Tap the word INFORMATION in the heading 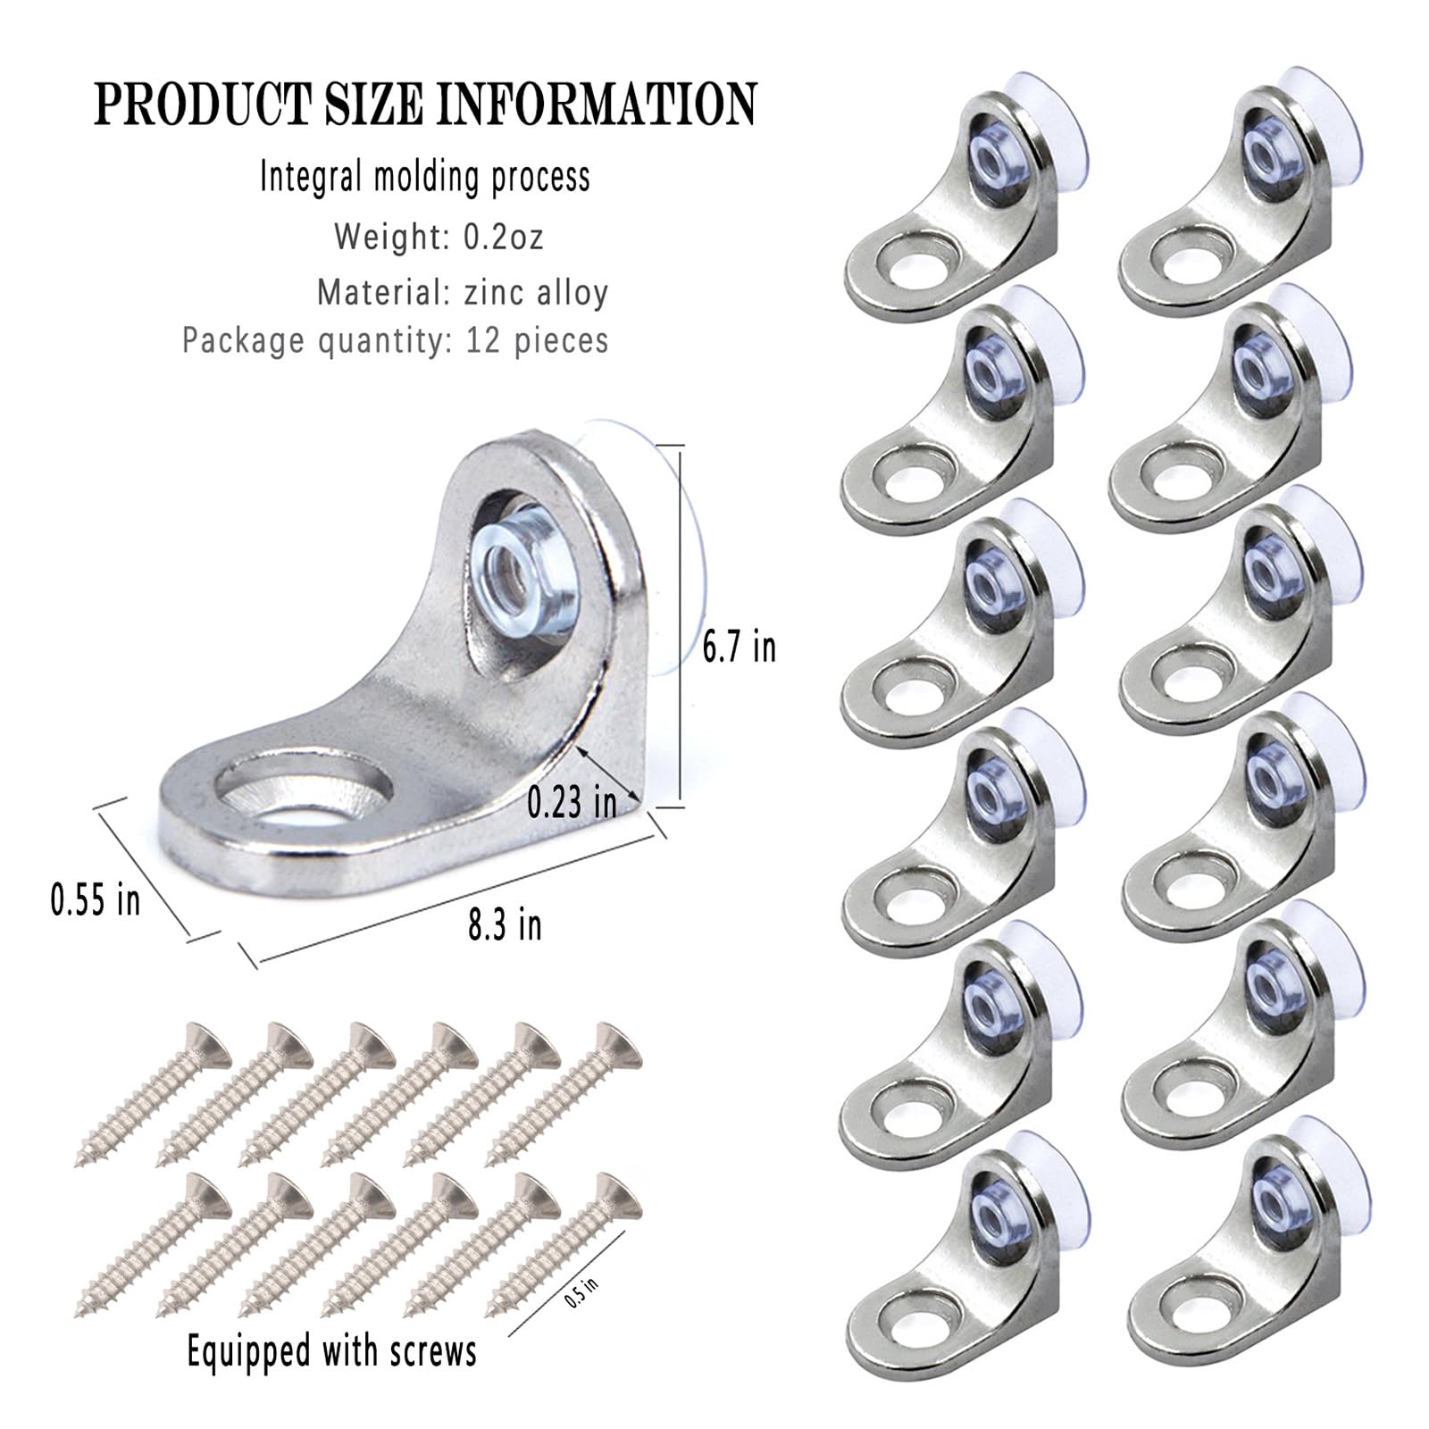[x=596, y=104]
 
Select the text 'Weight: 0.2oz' [x=439, y=237]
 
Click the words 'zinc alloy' [x=536, y=292]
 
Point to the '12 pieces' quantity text [x=537, y=340]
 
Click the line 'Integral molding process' [x=425, y=176]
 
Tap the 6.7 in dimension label [x=739, y=646]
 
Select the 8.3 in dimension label [x=505, y=924]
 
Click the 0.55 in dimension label [x=96, y=899]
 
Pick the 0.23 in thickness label [x=572, y=802]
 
